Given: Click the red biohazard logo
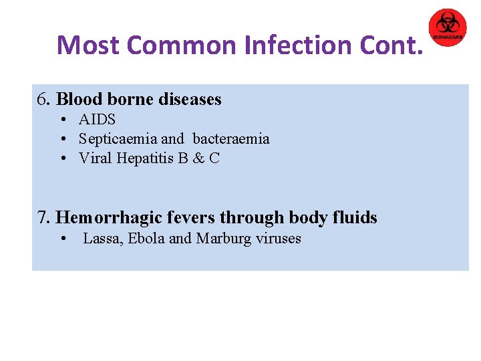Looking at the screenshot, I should pyautogui.click(x=447, y=27).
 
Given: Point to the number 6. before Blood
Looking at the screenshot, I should pyautogui.click(x=45, y=100).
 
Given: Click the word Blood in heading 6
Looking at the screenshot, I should pyautogui.click(x=79, y=100).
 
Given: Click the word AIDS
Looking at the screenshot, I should pyautogui.click(x=97, y=120).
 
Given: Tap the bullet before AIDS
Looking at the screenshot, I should pyautogui.click(x=61, y=120).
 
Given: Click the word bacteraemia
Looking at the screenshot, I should pyautogui.click(x=231, y=139).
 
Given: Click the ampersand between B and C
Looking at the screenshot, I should pyautogui.click(x=198, y=158).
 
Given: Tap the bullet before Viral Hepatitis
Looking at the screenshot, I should pyautogui.click(x=61, y=159).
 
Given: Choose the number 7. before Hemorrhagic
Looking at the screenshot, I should pyautogui.click(x=44, y=218).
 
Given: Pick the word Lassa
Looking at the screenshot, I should pyautogui.click(x=99, y=239).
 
